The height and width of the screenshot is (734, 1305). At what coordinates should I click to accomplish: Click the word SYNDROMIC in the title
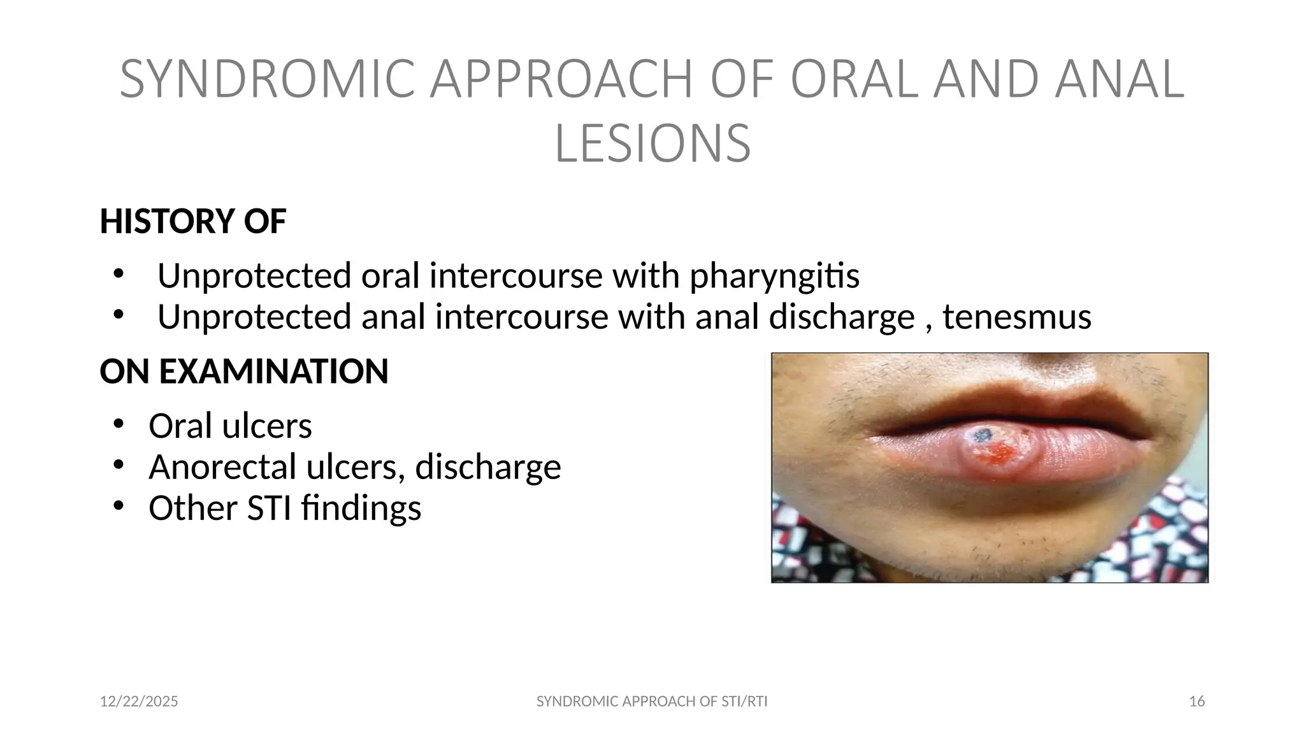268,79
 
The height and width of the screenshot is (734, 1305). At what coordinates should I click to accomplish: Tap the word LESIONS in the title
652,144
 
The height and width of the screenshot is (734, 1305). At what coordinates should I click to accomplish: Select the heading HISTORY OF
192,221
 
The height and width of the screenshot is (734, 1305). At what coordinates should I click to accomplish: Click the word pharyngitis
774,276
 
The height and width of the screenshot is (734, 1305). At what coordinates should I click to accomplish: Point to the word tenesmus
1016,317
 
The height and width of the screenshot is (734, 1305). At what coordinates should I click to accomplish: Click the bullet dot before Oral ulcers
118,424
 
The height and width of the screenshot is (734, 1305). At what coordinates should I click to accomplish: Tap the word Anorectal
222,466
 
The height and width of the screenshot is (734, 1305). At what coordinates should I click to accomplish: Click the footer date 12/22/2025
139,702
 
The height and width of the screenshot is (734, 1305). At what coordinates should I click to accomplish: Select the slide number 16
1197,702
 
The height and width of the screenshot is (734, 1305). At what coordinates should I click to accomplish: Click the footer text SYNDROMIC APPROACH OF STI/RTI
652,702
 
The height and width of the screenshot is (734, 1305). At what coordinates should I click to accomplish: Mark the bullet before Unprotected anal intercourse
118,314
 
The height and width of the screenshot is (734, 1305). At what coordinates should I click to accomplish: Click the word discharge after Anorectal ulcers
488,466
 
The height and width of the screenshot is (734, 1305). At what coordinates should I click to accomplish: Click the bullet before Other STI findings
118,506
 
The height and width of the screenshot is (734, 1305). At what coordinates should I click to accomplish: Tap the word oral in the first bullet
390,276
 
